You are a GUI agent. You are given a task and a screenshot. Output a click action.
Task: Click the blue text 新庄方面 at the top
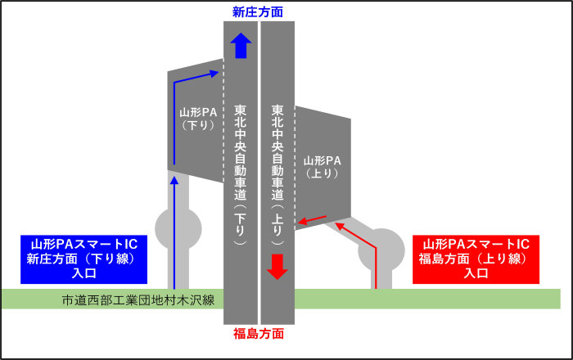(x=258, y=11)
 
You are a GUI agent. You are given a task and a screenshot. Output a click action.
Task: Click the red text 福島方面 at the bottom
(x=259, y=334)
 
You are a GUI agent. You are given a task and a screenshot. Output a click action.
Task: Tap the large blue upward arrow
(x=240, y=46)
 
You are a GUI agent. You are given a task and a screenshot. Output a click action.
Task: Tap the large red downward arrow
(x=277, y=266)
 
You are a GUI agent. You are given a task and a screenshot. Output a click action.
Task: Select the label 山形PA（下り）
(x=197, y=119)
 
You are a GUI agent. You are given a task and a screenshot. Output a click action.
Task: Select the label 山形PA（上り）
(x=322, y=167)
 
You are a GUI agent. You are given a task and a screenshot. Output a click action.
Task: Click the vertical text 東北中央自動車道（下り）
(x=240, y=174)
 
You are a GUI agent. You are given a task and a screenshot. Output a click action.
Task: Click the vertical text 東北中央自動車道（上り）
(x=277, y=174)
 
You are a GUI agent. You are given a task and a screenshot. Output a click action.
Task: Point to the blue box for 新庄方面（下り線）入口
(x=84, y=259)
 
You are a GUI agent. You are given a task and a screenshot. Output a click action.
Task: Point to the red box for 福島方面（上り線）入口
(x=476, y=259)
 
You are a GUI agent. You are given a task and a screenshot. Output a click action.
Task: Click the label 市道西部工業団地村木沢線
(x=138, y=299)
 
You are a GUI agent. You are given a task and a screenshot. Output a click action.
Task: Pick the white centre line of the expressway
(x=259, y=164)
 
